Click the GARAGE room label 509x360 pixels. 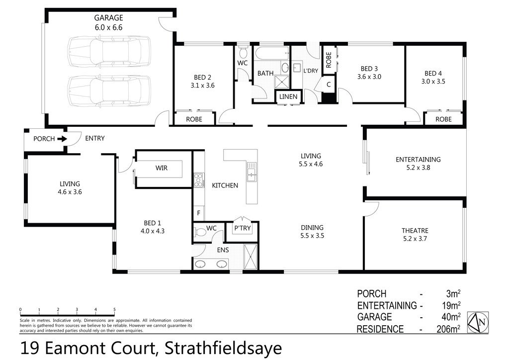pyautogui.click(x=109, y=18)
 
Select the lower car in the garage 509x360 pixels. pyautogui.click(x=109, y=90)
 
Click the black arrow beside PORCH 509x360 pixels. pyautogui.click(x=62, y=139)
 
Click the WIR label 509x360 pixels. pyautogui.click(x=161, y=168)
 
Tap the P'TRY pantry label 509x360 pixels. pyautogui.click(x=242, y=228)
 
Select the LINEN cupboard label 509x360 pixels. pyautogui.click(x=288, y=96)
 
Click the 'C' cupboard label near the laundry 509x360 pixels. pyautogui.click(x=329, y=85)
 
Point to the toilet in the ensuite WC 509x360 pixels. pyautogui.click(x=201, y=231)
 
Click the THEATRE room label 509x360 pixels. pyautogui.click(x=415, y=230)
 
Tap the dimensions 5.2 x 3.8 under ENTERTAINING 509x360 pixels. pyautogui.click(x=418, y=168)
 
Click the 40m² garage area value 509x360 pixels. pyautogui.click(x=449, y=317)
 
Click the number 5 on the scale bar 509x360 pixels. pyautogui.click(x=114, y=309)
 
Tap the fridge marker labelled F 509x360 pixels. pyautogui.click(x=198, y=213)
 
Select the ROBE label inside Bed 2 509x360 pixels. pyautogui.click(x=193, y=119)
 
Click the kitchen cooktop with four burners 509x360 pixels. pyautogui.click(x=199, y=180)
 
